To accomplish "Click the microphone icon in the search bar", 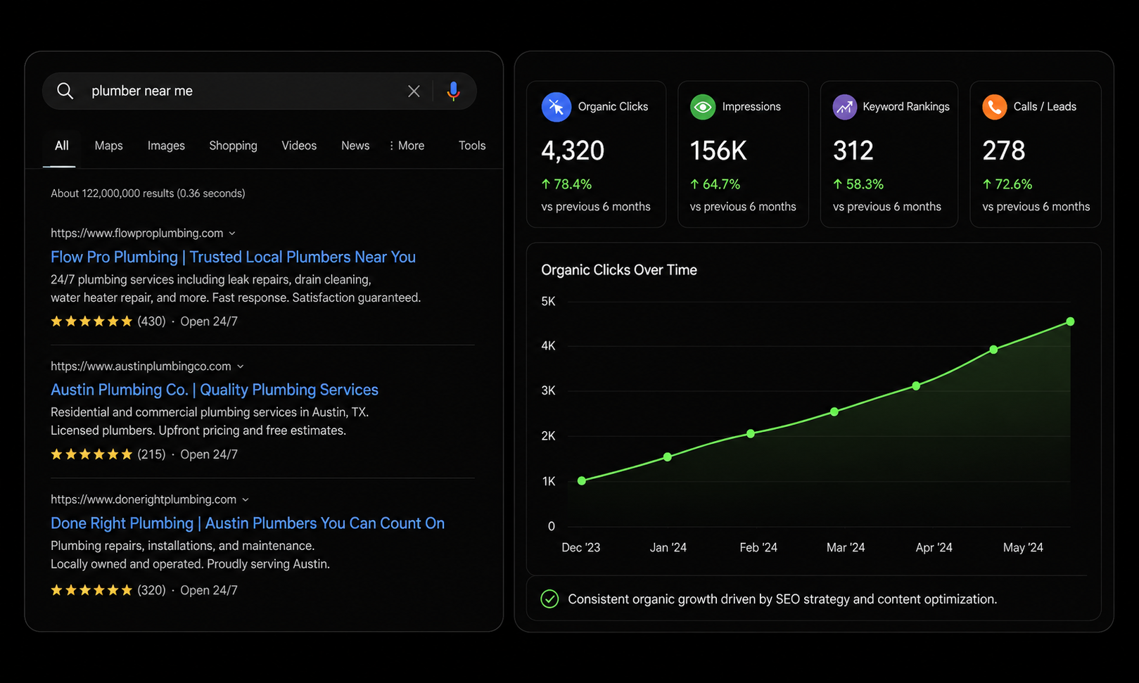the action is [x=453, y=91].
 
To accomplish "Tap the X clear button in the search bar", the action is [x=414, y=91].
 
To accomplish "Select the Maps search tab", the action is [x=108, y=146].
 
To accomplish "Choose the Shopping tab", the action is [x=233, y=146].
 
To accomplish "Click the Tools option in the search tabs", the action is [x=472, y=146].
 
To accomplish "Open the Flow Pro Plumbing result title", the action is [x=233, y=257].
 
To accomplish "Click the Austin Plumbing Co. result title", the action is [x=214, y=390].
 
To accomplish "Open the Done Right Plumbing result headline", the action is [x=248, y=523].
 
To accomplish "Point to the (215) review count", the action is [x=151, y=454].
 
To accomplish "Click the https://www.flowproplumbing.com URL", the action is [x=136, y=233].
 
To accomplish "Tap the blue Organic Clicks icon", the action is [x=556, y=107].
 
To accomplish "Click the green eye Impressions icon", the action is [x=703, y=107].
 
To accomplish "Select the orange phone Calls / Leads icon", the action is [x=995, y=107].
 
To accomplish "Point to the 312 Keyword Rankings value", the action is [x=853, y=151].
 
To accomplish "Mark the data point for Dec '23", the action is [x=582, y=480].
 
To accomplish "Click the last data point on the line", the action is [x=1070, y=321].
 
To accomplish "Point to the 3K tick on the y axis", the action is [x=548, y=390].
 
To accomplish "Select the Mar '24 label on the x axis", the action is [x=846, y=547].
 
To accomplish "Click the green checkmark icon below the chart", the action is [x=549, y=599].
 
